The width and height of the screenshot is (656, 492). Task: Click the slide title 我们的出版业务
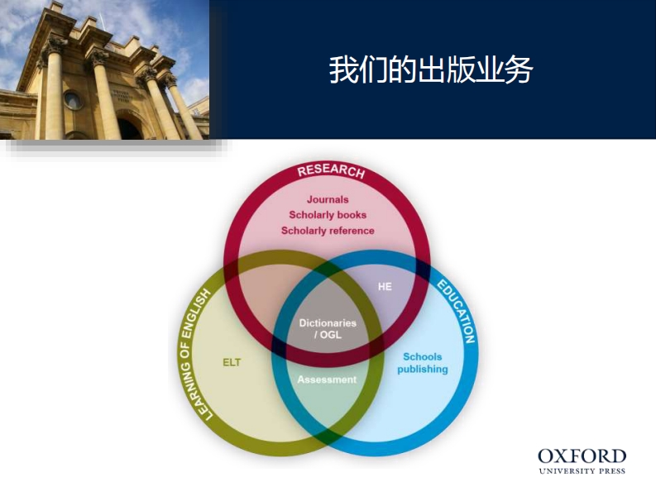click(x=430, y=69)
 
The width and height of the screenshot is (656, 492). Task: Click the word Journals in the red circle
click(x=328, y=199)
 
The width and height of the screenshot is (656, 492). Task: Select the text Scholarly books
click(x=328, y=215)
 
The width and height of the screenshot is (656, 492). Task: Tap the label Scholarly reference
click(x=328, y=231)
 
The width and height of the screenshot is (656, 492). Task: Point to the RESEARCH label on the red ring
click(x=330, y=171)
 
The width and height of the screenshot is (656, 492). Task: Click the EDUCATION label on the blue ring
click(x=457, y=312)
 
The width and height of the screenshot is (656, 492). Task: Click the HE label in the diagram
click(x=385, y=286)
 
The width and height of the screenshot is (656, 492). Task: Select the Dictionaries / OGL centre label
click(x=328, y=328)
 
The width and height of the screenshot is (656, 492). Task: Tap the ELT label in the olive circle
click(x=232, y=362)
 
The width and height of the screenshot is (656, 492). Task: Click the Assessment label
click(x=328, y=380)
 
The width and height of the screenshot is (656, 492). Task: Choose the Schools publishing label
click(x=422, y=363)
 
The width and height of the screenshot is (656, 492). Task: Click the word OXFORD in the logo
click(x=582, y=456)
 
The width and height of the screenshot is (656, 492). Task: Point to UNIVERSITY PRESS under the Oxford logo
click(x=582, y=471)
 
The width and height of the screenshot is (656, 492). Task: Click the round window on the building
click(x=73, y=100)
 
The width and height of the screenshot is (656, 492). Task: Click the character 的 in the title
click(x=389, y=69)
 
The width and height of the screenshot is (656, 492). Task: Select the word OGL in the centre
click(x=332, y=335)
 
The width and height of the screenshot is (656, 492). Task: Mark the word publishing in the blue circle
click(x=422, y=370)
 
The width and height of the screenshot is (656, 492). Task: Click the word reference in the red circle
click(x=352, y=231)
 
